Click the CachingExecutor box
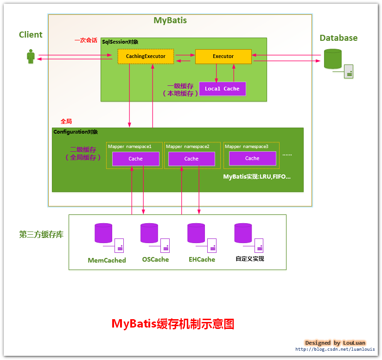146,57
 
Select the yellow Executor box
223,57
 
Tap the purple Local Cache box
222,89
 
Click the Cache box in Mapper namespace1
135,159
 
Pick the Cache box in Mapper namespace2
191,159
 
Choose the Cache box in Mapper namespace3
252,158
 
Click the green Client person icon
31,57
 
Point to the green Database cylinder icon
332,58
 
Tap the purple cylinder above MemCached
103,233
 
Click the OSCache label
155,259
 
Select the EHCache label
202,259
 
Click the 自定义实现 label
250,259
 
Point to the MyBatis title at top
170,20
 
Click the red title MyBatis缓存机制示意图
173,323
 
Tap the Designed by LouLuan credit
335,342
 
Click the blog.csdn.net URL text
335,349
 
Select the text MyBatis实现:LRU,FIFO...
257,177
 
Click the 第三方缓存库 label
41,234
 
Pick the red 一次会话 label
86,40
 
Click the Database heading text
338,38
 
